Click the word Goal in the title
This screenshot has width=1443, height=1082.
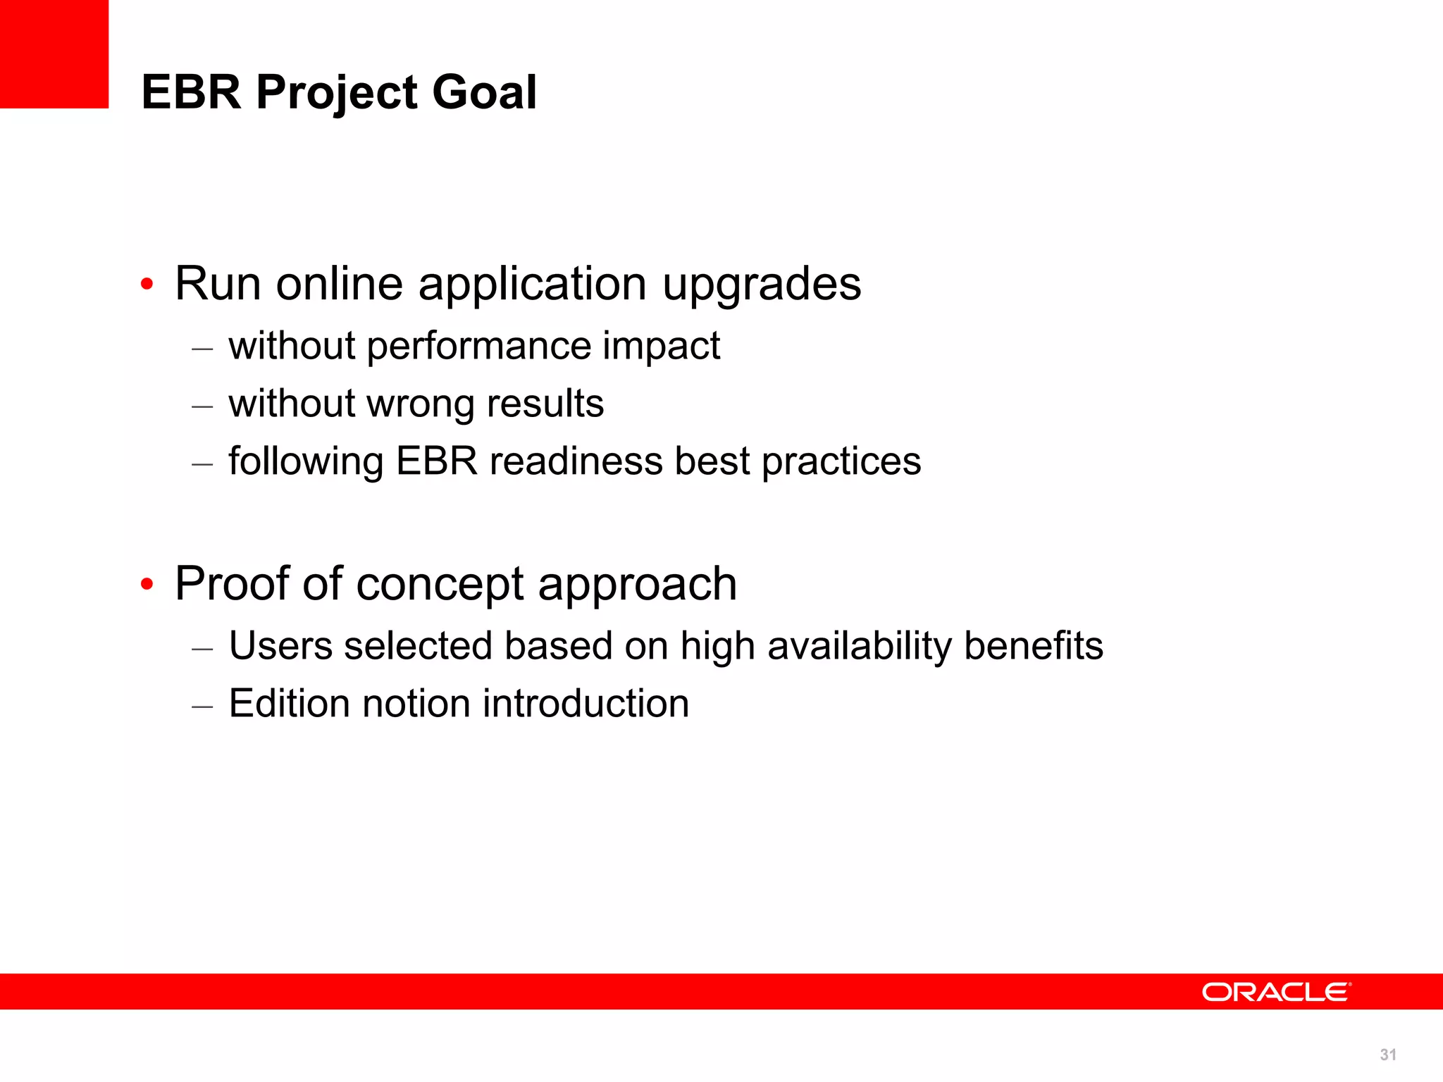(x=484, y=92)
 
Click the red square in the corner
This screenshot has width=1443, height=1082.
(x=54, y=54)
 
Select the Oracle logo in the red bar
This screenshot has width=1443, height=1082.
(x=1276, y=992)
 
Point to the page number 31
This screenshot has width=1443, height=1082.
(x=1388, y=1055)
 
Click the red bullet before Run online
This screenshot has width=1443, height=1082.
(x=147, y=285)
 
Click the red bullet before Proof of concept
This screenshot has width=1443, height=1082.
(x=147, y=584)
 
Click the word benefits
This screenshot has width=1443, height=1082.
(x=1033, y=646)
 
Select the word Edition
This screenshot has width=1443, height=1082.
(x=290, y=704)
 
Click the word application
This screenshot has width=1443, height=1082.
(x=532, y=285)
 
